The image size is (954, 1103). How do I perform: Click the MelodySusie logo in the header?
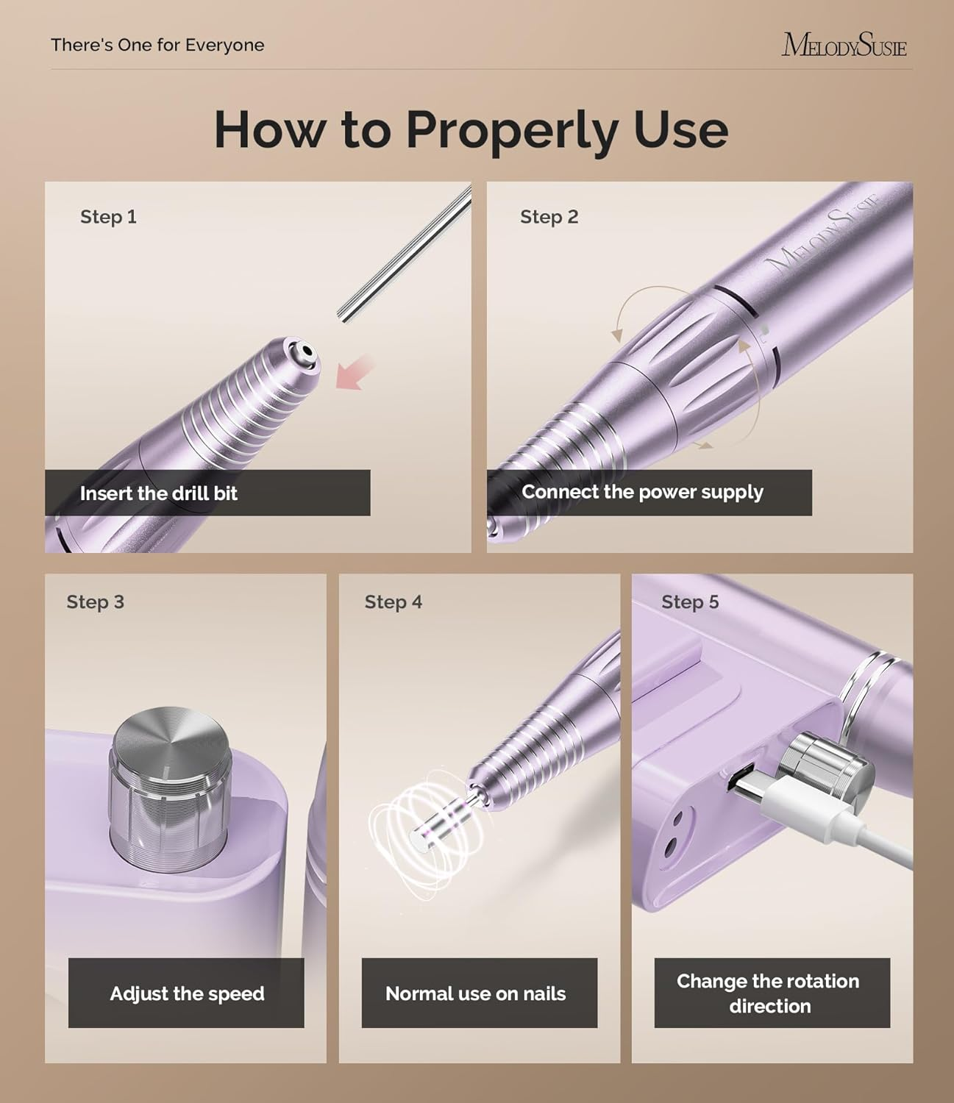pyautogui.click(x=844, y=45)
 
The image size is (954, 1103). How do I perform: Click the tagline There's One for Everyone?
pyautogui.click(x=157, y=45)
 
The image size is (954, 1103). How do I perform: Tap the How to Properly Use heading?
pyautogui.click(x=471, y=129)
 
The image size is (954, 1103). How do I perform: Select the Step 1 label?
pyautogui.click(x=108, y=217)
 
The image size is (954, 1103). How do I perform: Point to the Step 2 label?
pyautogui.click(x=549, y=217)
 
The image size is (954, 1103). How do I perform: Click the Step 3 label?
pyautogui.click(x=95, y=602)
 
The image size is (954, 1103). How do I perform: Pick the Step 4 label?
pyautogui.click(x=393, y=602)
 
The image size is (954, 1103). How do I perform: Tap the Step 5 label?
pyautogui.click(x=689, y=602)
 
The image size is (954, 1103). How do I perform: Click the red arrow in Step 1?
pyautogui.click(x=355, y=372)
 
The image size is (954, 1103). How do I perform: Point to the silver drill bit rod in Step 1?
pyautogui.click(x=405, y=253)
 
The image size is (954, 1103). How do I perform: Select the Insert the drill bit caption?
pyautogui.click(x=159, y=493)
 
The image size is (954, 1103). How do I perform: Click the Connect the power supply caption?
pyautogui.click(x=642, y=492)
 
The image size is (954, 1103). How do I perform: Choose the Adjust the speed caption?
pyautogui.click(x=187, y=993)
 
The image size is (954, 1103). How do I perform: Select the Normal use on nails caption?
pyautogui.click(x=475, y=993)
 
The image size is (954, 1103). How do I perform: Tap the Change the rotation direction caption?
pyautogui.click(x=769, y=993)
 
